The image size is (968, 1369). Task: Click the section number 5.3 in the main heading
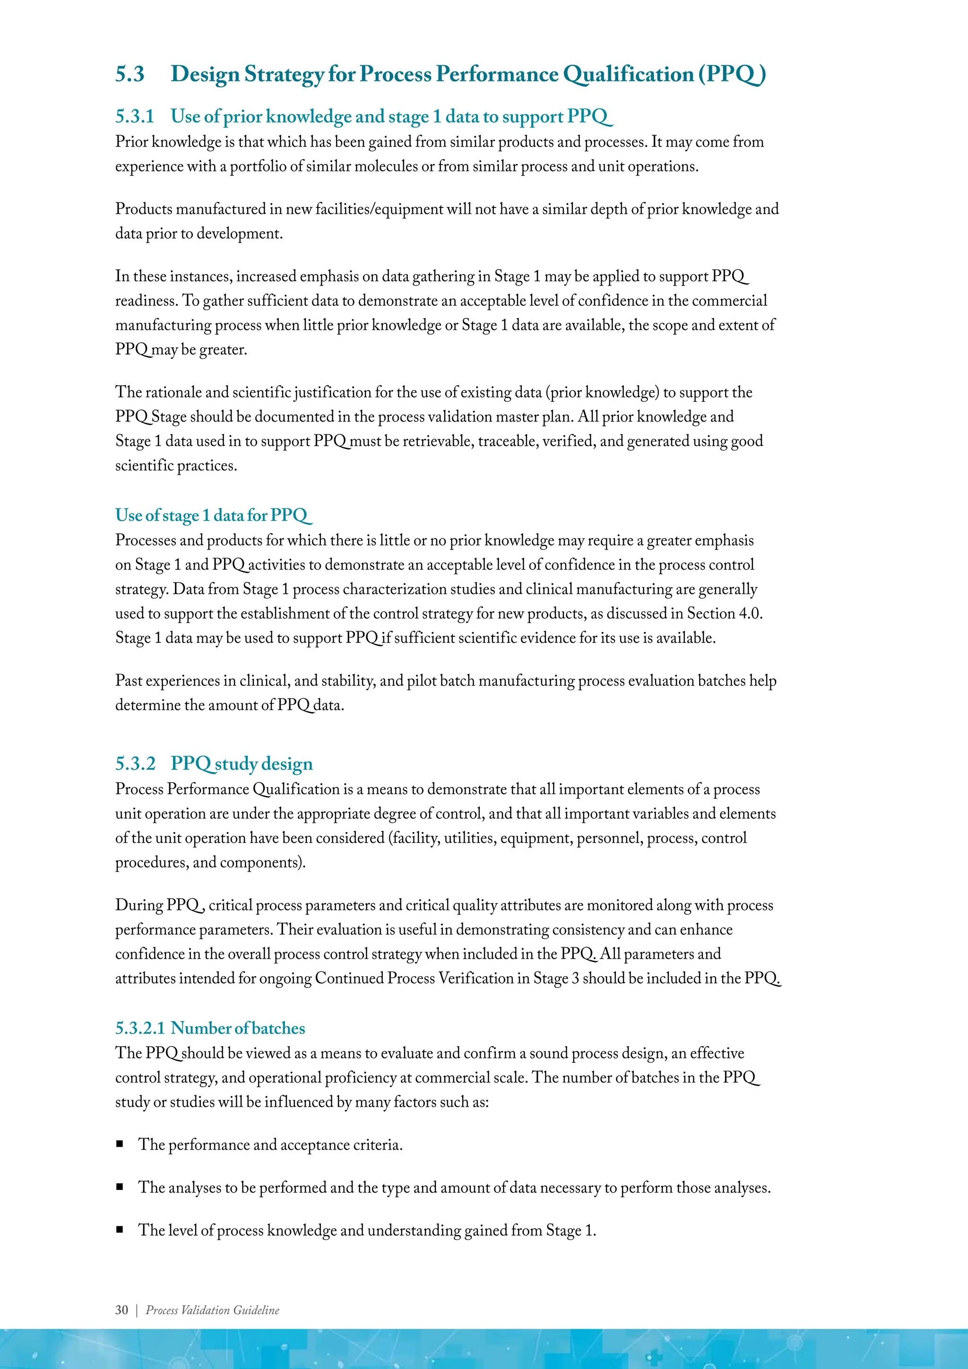coord(130,75)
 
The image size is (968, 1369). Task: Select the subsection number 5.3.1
coord(135,116)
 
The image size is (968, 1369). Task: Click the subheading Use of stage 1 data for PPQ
coord(213,515)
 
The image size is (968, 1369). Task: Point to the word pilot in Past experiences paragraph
coord(420,681)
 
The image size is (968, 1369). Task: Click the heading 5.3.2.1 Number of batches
coord(210,1028)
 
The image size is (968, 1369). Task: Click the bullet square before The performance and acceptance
coord(120,1144)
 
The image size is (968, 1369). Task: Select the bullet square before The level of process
coord(120,1229)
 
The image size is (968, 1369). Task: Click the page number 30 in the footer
coord(121,1310)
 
